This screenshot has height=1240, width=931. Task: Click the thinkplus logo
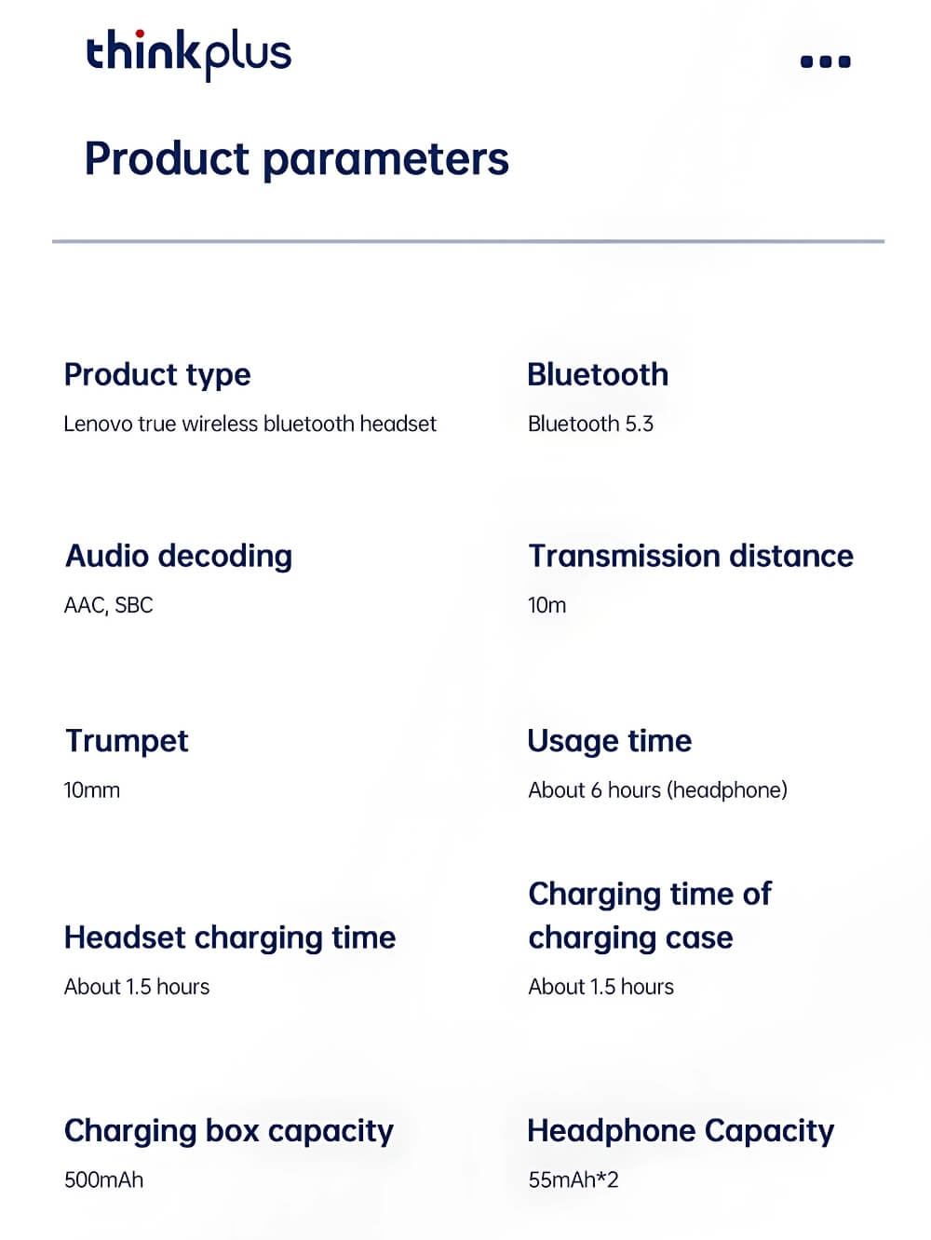[189, 55]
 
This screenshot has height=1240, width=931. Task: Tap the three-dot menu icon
[826, 61]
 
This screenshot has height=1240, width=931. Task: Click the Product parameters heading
[297, 160]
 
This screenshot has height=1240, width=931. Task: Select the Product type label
[157, 376]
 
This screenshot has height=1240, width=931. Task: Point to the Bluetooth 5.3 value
[590, 424]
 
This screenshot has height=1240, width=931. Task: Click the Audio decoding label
[179, 557]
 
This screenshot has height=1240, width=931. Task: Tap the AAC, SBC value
[109, 605]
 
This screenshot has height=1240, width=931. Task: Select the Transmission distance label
[691, 556]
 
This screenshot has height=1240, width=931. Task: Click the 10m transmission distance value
[546, 605]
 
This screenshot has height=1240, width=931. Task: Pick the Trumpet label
[127, 741]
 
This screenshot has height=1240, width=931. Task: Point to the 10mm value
[91, 789]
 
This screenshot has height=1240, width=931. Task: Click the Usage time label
[610, 742]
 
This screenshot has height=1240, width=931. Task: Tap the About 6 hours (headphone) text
[657, 789]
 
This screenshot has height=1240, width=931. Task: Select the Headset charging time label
[230, 938]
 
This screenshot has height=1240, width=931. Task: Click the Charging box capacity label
[229, 1131]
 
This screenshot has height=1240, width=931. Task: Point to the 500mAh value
[104, 1179]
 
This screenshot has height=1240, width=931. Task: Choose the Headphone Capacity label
[681, 1131]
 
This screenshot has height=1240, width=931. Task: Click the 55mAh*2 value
[573, 1179]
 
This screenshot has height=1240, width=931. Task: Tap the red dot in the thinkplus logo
[140, 34]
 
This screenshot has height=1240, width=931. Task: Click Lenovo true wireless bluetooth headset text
[250, 424]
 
